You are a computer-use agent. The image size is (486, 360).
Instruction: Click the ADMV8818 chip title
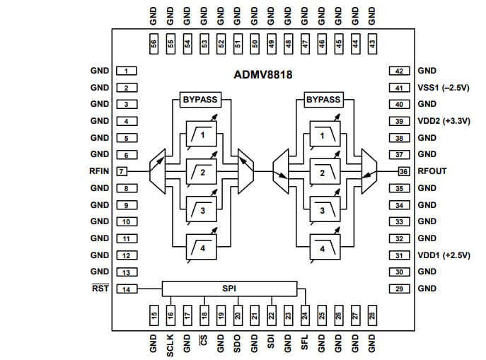263,74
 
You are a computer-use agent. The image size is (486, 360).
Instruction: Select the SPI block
228,289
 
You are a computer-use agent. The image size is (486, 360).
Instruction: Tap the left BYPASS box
201,100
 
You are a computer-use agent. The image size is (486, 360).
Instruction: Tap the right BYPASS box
323,100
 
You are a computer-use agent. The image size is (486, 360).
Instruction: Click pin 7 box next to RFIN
122,171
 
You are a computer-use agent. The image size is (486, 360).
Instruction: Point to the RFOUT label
432,171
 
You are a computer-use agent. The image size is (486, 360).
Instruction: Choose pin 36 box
403,171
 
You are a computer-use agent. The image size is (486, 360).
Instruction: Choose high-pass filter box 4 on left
202,248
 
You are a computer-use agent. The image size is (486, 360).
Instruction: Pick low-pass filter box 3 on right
323,210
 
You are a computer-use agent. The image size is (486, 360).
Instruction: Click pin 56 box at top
153,43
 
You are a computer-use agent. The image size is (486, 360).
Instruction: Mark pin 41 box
400,88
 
